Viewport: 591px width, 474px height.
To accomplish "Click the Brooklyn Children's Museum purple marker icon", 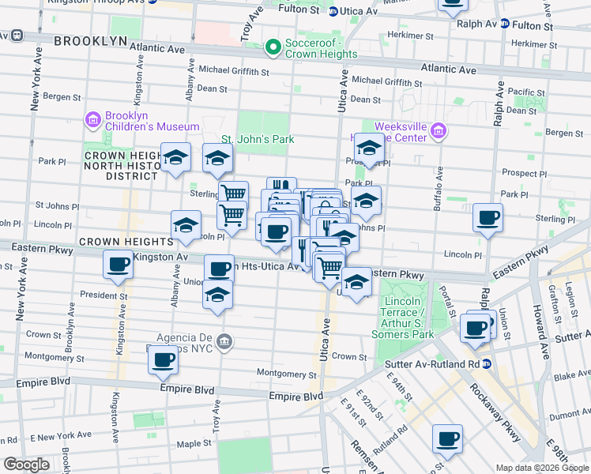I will click(93, 119).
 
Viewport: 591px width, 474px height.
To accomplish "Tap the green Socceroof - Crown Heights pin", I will click(273, 47).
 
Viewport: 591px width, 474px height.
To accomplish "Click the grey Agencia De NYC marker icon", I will click(225, 340).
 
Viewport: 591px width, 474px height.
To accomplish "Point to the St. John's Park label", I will click(257, 140).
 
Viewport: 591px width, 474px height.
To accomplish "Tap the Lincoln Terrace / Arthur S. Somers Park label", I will click(408, 312).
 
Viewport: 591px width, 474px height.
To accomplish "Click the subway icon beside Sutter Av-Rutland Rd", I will click(487, 364).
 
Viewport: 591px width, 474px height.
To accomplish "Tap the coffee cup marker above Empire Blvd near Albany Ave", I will click(164, 360).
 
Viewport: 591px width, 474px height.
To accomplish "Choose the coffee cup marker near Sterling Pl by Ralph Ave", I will click(487, 217).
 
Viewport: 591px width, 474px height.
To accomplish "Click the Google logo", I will click(26, 465).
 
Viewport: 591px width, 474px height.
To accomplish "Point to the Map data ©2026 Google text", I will click(542, 467).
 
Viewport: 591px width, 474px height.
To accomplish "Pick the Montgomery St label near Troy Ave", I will click(286, 374).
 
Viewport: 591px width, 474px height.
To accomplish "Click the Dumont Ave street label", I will click(569, 412).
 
